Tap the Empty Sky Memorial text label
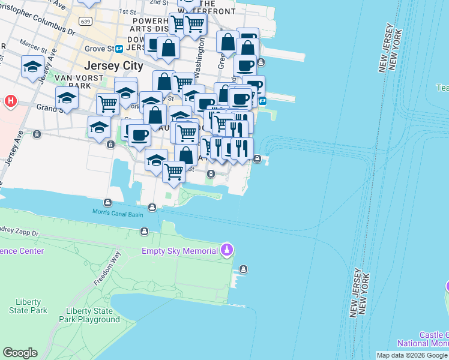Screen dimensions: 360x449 pos(179,251)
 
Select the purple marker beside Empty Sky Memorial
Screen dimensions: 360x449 pos(226,248)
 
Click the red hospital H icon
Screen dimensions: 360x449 pos(10,101)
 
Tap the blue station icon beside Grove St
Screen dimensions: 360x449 pos(119,49)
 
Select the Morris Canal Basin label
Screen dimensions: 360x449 pos(118,212)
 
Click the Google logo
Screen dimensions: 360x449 pos(20,353)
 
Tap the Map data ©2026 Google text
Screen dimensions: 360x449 pos(412,355)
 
